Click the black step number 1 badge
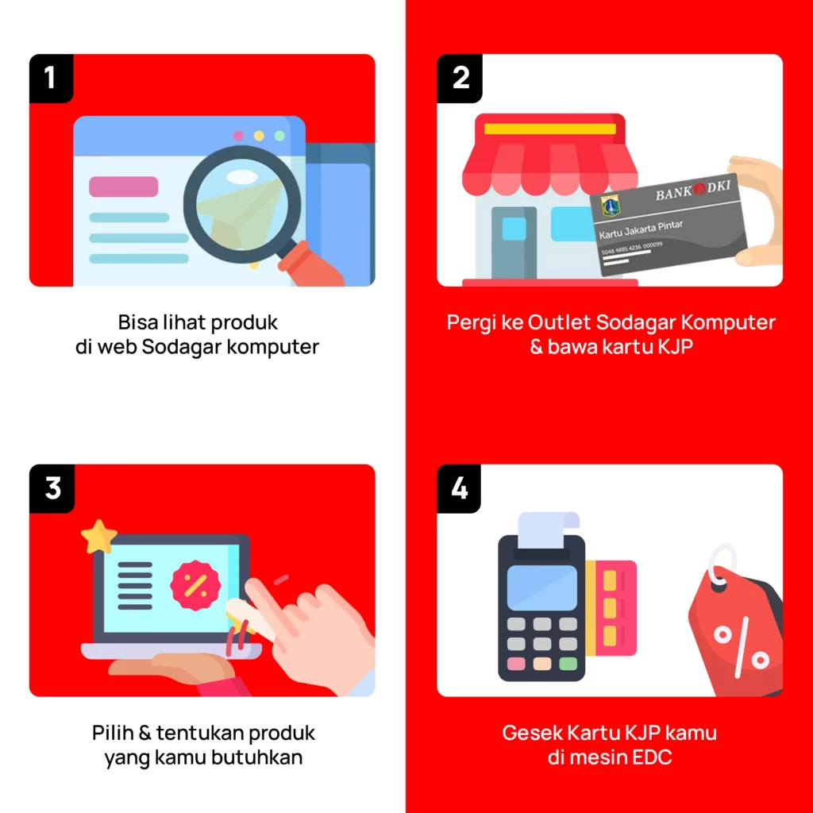point(51,79)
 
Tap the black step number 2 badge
point(460,79)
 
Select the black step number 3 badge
point(52,488)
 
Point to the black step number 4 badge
point(459,488)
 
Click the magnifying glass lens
point(241,204)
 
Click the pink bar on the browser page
point(123,187)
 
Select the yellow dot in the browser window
point(259,136)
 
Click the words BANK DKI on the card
point(693,191)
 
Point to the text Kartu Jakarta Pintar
point(641,229)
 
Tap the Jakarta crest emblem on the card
point(611,206)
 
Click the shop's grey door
point(514,243)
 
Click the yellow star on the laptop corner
point(98,537)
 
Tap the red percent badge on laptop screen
point(195,585)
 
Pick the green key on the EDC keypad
point(568,664)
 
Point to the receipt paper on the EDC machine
point(549,530)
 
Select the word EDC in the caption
point(653,757)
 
